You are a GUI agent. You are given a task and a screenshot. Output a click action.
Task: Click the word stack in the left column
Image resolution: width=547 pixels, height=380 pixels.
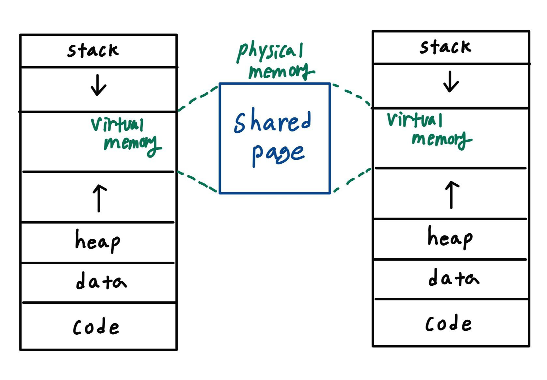93,51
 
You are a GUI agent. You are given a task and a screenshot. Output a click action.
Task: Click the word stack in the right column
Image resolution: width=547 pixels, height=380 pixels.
445,47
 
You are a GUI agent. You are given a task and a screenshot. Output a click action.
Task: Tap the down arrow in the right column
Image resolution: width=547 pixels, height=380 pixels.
451,82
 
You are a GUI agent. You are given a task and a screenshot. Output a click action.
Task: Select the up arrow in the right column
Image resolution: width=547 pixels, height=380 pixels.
452,194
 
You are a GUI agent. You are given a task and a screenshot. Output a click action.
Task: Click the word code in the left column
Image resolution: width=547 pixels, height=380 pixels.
96,327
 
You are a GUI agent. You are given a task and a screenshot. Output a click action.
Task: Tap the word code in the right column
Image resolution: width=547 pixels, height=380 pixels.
448,324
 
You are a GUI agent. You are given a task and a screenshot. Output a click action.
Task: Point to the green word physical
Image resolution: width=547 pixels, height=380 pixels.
270,51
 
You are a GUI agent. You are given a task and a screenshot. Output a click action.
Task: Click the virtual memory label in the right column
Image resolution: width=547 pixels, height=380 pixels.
428,130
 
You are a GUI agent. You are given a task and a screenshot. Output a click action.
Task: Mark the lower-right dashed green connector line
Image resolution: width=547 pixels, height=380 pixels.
351,180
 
